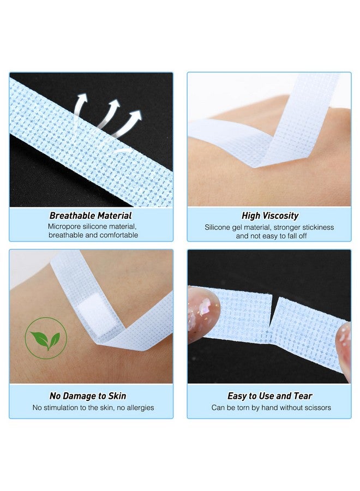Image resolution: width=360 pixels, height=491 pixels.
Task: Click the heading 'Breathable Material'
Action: coord(91,215)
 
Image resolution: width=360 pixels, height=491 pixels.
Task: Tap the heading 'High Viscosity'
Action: coord(270,215)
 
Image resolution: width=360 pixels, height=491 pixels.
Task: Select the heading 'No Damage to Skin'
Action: coord(88,396)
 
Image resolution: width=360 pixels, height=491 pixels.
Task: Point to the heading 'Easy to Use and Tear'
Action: coord(270,396)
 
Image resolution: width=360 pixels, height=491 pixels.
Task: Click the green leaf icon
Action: coord(46,338)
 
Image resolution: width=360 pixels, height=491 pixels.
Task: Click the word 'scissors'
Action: coord(317,408)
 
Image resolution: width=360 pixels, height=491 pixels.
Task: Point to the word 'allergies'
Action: coord(140,408)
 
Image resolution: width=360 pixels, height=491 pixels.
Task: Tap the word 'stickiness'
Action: coord(319,227)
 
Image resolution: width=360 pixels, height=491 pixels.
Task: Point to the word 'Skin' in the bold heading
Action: coord(117,396)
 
